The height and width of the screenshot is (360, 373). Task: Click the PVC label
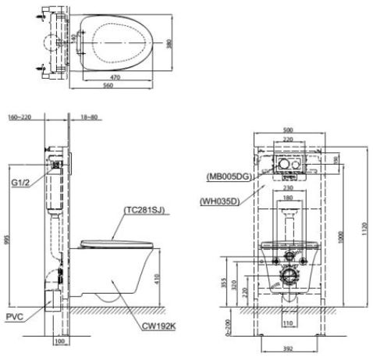click(x=13, y=316)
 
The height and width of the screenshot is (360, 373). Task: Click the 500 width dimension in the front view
click(x=289, y=129)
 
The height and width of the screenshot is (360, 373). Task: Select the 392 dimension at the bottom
click(x=287, y=350)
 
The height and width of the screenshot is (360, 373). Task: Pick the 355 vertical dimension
click(x=226, y=282)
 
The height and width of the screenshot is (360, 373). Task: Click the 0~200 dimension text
click(x=226, y=324)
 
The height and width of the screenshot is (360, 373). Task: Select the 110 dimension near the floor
click(x=287, y=321)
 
